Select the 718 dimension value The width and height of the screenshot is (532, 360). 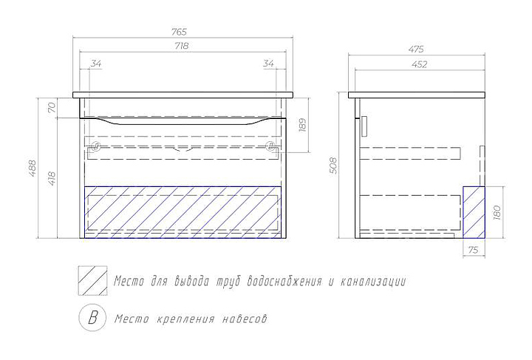tap(182, 47)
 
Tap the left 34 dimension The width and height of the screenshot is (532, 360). tap(96, 64)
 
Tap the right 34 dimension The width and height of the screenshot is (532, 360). tap(268, 64)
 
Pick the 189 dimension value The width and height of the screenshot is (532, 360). tap(302, 125)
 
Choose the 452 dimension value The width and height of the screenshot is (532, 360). tap(418, 64)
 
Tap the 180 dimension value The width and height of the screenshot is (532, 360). tap(497, 212)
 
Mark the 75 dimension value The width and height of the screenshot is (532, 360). tap(474, 251)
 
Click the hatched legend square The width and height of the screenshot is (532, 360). tap(92, 281)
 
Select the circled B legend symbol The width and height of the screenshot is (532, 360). tap(92, 319)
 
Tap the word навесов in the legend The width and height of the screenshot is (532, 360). tap(243, 319)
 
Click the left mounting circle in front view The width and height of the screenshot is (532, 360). tap(94, 146)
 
